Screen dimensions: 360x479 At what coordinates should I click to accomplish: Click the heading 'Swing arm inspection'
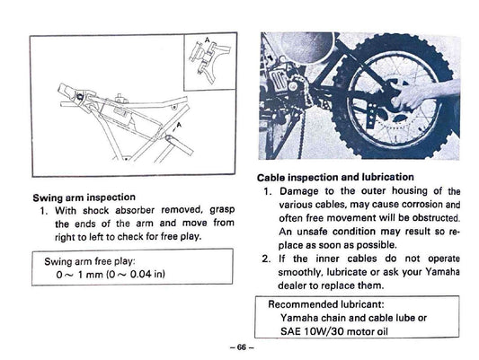click(84, 196)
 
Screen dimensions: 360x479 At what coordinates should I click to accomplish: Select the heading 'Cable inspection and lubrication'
click(335, 177)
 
